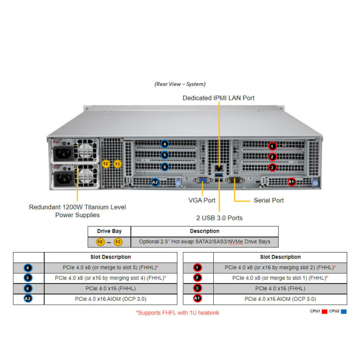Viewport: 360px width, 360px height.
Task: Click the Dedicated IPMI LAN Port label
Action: coord(219,98)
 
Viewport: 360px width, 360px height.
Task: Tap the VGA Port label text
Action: coord(202,200)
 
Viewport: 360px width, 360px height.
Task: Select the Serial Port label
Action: coord(269,200)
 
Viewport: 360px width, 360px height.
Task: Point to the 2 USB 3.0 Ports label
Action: coord(220,218)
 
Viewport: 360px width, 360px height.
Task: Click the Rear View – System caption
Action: coord(179,84)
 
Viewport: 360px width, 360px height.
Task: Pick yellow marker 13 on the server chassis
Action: coord(117,163)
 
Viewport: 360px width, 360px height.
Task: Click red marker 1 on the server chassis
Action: coord(272,146)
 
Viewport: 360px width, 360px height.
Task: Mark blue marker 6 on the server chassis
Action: coord(164,167)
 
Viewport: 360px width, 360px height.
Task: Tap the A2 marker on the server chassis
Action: coord(155,182)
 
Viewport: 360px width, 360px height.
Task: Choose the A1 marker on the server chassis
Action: coord(292,181)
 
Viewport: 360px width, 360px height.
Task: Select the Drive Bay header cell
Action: coord(109,231)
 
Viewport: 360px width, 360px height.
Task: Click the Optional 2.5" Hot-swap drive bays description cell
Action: coord(204,242)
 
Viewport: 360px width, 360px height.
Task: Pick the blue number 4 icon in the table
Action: coord(28,268)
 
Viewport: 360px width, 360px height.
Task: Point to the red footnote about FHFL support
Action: coord(178,313)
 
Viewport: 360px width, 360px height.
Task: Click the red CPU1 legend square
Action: coord(325,312)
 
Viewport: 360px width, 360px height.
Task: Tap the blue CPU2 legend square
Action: coord(343,312)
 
